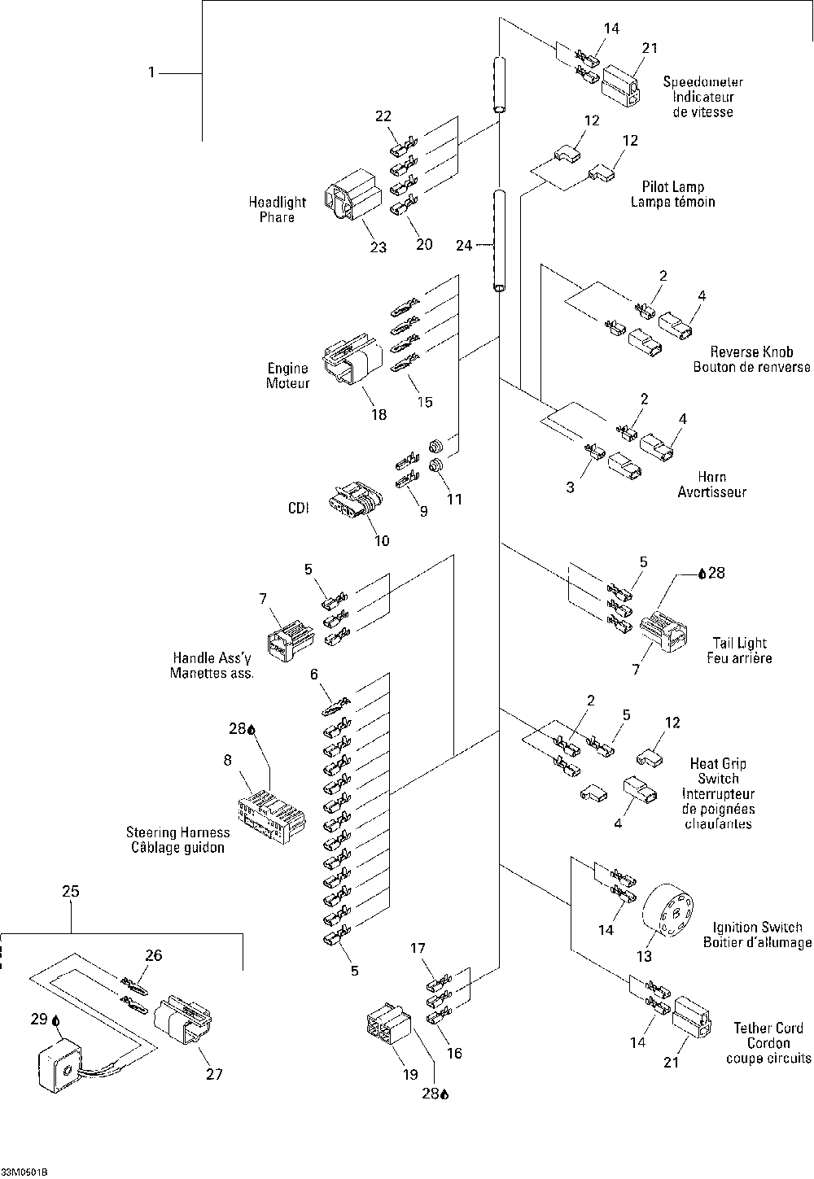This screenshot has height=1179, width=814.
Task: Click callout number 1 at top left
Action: pyautogui.click(x=151, y=73)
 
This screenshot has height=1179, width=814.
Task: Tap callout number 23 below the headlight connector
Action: pyautogui.click(x=379, y=247)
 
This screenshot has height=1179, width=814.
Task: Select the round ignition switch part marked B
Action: pyautogui.click(x=672, y=914)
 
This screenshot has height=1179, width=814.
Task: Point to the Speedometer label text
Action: pyautogui.click(x=702, y=81)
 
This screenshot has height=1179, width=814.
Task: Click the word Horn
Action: pyautogui.click(x=712, y=477)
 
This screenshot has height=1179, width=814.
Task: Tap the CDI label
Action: pyautogui.click(x=299, y=508)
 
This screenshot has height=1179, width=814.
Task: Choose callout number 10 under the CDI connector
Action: pyautogui.click(x=380, y=540)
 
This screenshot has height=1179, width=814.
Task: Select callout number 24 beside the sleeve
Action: pyautogui.click(x=464, y=244)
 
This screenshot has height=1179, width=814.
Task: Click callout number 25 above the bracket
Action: pyautogui.click(x=71, y=891)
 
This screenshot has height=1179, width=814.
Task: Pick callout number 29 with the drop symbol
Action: pyautogui.click(x=39, y=1018)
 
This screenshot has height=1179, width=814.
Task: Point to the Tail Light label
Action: pyautogui.click(x=740, y=643)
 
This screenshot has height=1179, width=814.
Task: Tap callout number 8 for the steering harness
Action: pyautogui.click(x=227, y=761)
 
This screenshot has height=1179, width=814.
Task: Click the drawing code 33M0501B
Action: pyautogui.click(x=24, y=1172)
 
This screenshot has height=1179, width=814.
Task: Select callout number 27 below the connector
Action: pyautogui.click(x=213, y=1074)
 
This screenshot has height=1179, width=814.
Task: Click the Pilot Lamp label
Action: pyautogui.click(x=672, y=186)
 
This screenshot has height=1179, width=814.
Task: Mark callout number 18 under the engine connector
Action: pyautogui.click(x=379, y=414)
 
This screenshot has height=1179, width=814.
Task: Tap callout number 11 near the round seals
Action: pyautogui.click(x=453, y=499)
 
